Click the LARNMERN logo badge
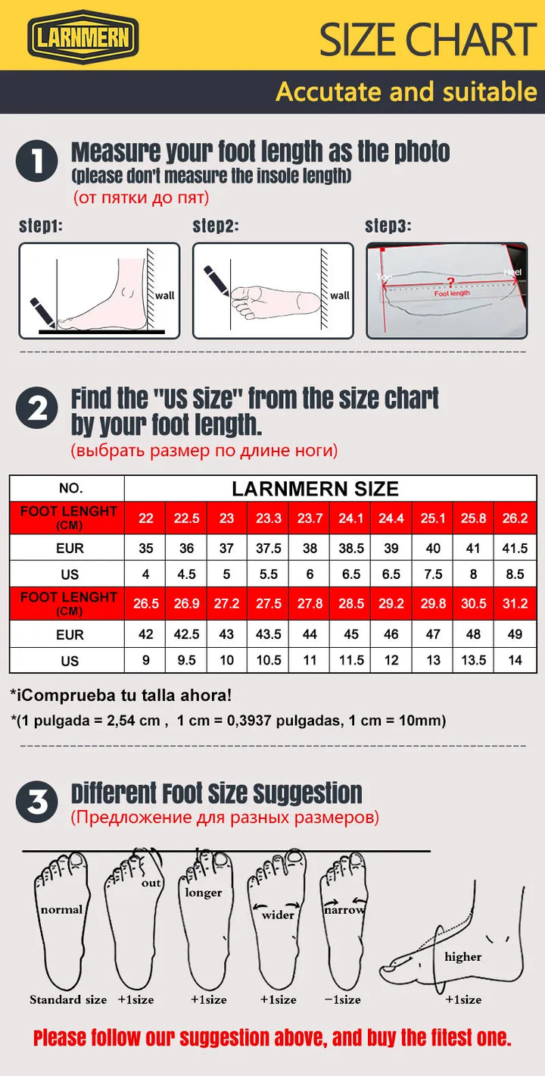83,36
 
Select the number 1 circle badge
36,161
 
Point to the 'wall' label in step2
340,296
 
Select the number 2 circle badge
36,409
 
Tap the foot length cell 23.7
310,518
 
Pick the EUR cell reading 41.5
515,549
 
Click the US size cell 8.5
515,574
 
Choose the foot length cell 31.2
515,604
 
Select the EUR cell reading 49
515,634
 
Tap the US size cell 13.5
473,660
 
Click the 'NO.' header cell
70,489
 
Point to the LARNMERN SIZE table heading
315,489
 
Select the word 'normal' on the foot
61,909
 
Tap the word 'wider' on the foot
278,915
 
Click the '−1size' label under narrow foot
344,999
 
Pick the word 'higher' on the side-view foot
463,957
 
